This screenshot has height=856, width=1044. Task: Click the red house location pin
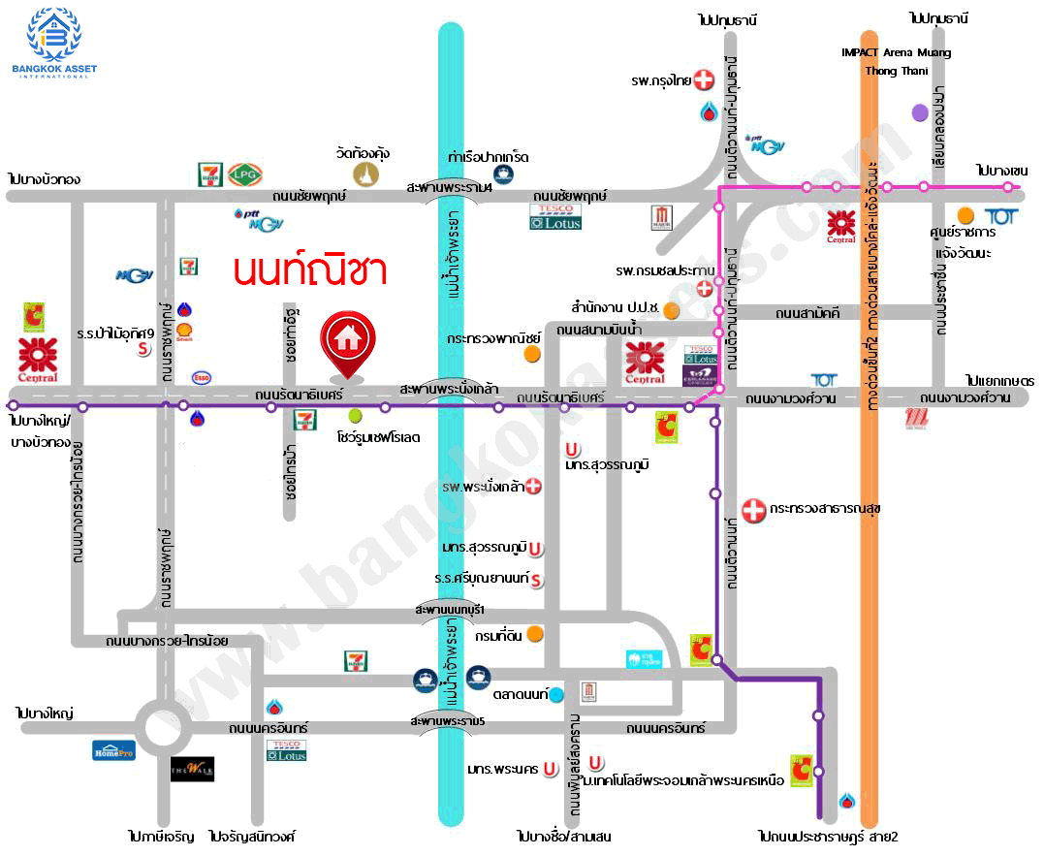coord(346,340)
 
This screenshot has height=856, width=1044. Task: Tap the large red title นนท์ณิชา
coord(310,269)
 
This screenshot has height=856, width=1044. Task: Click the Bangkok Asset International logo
coord(54,43)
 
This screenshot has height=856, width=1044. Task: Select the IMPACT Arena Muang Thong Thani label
coord(895,61)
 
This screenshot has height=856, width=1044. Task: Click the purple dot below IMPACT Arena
coord(920,112)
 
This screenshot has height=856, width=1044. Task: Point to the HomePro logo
coord(113,749)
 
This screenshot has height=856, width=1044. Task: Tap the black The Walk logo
coord(192,770)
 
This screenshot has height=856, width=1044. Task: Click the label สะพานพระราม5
coord(448,721)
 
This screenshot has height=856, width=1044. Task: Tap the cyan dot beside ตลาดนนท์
coord(556,695)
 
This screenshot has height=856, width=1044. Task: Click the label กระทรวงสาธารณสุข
coord(825,508)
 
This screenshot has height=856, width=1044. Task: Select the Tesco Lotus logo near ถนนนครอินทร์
coord(287,749)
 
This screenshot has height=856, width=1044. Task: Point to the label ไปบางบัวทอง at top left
coord(43,178)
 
